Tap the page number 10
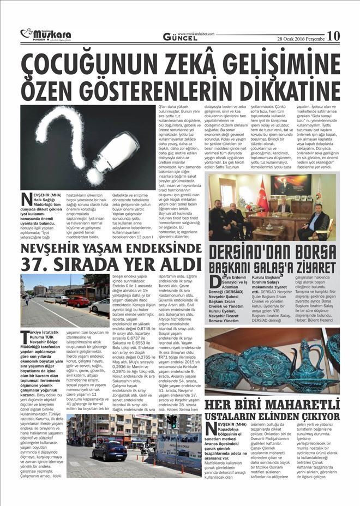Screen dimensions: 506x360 click(333, 36)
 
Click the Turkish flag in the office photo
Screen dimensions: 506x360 click(261, 191)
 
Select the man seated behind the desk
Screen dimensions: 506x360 click(284, 207)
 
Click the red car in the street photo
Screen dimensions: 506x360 click(77, 301)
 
